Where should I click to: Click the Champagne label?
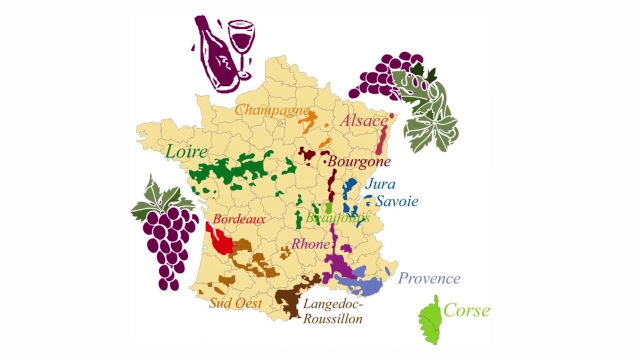coord(271,110)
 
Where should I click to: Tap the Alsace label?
coord(363,120)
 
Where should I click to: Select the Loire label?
coord(186,151)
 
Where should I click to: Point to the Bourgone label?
coord(358,162)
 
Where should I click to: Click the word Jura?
coord(380,184)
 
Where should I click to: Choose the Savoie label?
coord(396,201)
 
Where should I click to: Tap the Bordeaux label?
coord(239,219)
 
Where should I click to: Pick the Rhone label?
coord(310,244)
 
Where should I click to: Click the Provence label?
coord(429,278)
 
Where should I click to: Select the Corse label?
coord(466,310)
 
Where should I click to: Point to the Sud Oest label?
coord(235,303)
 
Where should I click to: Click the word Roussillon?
coord(332,318)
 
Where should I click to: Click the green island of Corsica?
coord(428,320)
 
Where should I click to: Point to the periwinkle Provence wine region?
coord(360,285)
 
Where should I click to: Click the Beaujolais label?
coord(337,218)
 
